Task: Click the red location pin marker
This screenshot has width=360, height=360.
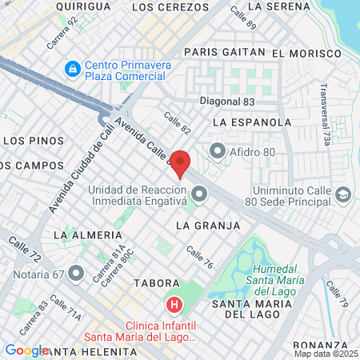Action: [x=181, y=162]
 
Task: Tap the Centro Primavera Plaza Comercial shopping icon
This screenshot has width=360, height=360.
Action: [x=73, y=69]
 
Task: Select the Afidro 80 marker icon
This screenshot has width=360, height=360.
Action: [x=217, y=150]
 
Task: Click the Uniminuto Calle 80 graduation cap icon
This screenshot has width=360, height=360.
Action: [x=343, y=194]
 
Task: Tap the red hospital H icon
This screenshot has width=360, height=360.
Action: [x=173, y=305]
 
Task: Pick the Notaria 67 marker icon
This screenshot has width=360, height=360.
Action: [x=76, y=274]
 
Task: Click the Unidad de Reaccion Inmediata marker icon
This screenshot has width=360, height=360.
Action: [x=198, y=194]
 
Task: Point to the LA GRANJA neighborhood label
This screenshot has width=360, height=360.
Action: [x=208, y=226]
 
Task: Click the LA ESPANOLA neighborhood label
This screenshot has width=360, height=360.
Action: [x=252, y=122]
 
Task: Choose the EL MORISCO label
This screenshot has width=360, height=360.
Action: [x=306, y=53]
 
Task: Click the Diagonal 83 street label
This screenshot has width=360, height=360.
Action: [x=227, y=102]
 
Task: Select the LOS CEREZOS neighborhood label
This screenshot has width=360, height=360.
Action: [x=163, y=6]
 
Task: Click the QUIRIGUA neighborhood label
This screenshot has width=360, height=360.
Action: [x=83, y=6]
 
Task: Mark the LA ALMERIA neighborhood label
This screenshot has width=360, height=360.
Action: [x=89, y=235]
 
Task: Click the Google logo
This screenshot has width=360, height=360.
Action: [x=26, y=350]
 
